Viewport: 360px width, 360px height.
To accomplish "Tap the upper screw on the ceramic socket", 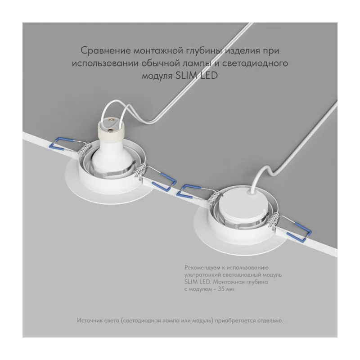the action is coord(111,120).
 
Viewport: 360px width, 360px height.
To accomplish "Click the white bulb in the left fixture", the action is coord(111,158).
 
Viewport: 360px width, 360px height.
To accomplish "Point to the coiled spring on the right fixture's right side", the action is coord(274,220).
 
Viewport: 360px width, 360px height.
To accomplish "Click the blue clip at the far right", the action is coord(299,232).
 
